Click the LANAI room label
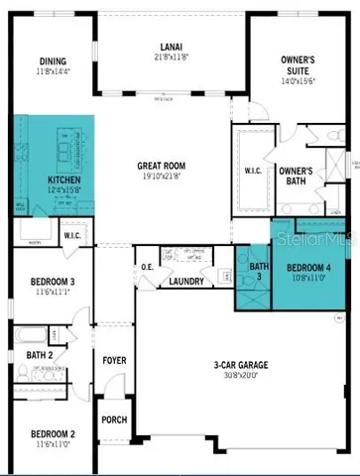[x=171, y=47]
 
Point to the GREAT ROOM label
[x=172, y=167]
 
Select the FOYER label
[x=115, y=360]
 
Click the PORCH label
[x=114, y=419]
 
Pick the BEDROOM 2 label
[x=53, y=434]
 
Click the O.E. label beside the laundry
[x=147, y=266]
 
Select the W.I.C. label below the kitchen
[x=72, y=236]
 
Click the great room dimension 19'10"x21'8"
[x=172, y=178]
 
